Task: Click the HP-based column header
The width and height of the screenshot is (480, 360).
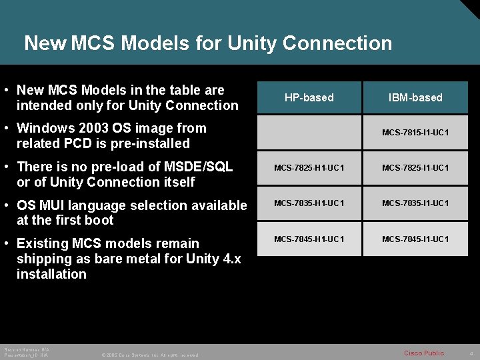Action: pyautogui.click(x=309, y=98)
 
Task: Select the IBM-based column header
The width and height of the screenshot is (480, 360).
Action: pyautogui.click(x=415, y=98)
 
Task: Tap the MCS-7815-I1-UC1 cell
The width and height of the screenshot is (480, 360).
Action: pyautogui.click(x=415, y=133)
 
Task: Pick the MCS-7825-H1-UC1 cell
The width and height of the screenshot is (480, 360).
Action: pyautogui.click(x=309, y=168)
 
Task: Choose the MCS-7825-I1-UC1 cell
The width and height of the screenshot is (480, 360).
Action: pyautogui.click(x=415, y=168)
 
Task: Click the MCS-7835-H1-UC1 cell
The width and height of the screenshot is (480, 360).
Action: pyautogui.click(x=309, y=203)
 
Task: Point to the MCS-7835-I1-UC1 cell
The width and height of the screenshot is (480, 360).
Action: pyautogui.click(x=415, y=203)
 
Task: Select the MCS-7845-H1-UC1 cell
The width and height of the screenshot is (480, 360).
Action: pyautogui.click(x=309, y=239)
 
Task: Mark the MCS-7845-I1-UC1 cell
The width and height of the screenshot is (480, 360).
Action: pyautogui.click(x=415, y=239)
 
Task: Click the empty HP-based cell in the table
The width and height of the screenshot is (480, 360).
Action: pyautogui.click(x=309, y=133)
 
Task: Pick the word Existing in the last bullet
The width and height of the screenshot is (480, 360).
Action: pyautogui.click(x=41, y=243)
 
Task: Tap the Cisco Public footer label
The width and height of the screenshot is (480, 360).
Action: pyautogui.click(x=423, y=353)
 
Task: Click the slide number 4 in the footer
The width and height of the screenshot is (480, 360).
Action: pyautogui.click(x=471, y=353)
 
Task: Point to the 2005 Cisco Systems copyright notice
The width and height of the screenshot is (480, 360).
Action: pyautogui.click(x=149, y=355)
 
